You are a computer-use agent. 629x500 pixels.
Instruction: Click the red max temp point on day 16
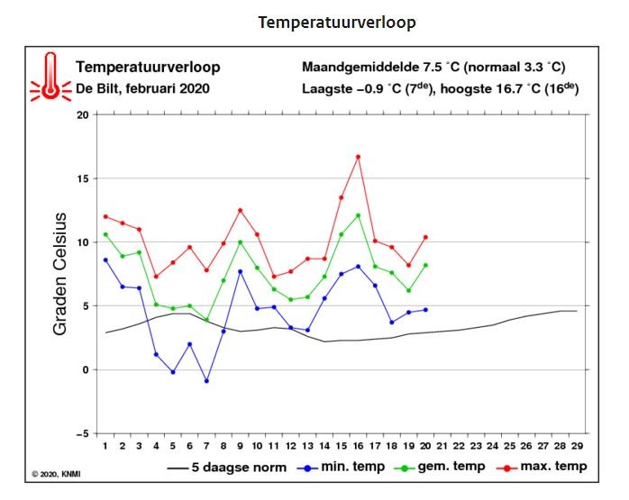coord(359,157)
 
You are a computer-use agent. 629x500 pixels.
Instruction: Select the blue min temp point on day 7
coord(206,381)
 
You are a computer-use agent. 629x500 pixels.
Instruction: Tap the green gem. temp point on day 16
coord(359,215)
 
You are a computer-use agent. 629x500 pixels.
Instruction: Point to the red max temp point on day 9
coord(241,210)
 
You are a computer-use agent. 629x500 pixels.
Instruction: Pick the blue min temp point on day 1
coord(105,259)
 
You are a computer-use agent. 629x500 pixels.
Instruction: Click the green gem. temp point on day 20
coord(425,265)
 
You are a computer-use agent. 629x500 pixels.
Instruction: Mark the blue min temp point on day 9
coord(241,271)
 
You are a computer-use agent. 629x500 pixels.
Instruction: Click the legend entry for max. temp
coord(542,467)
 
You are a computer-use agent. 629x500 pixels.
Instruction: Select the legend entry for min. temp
coord(341,467)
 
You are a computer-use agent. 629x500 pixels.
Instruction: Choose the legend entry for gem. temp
coord(440,467)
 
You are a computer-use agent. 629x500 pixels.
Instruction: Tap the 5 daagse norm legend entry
coord(227,468)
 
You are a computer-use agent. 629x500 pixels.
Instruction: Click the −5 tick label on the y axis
coord(82,434)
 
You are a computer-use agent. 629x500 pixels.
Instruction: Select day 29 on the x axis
coord(577,446)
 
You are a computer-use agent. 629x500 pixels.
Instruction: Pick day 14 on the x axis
coord(324,446)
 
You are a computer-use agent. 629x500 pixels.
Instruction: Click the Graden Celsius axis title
coord(59,274)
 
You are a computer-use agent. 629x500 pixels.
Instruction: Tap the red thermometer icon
coord(50,77)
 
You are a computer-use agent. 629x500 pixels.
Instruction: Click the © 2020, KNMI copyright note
coord(56,475)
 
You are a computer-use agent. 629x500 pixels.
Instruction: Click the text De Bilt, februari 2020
coord(142,88)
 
